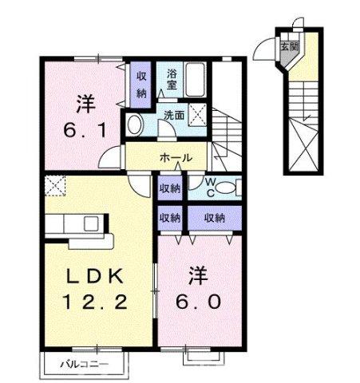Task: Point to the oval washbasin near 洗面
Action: coord(135,124)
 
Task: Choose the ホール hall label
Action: coord(176,157)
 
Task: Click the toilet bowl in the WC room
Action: coord(226,187)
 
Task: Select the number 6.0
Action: coord(196,302)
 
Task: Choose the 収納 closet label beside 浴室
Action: coord(140,82)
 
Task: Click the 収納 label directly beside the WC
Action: coord(169,188)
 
